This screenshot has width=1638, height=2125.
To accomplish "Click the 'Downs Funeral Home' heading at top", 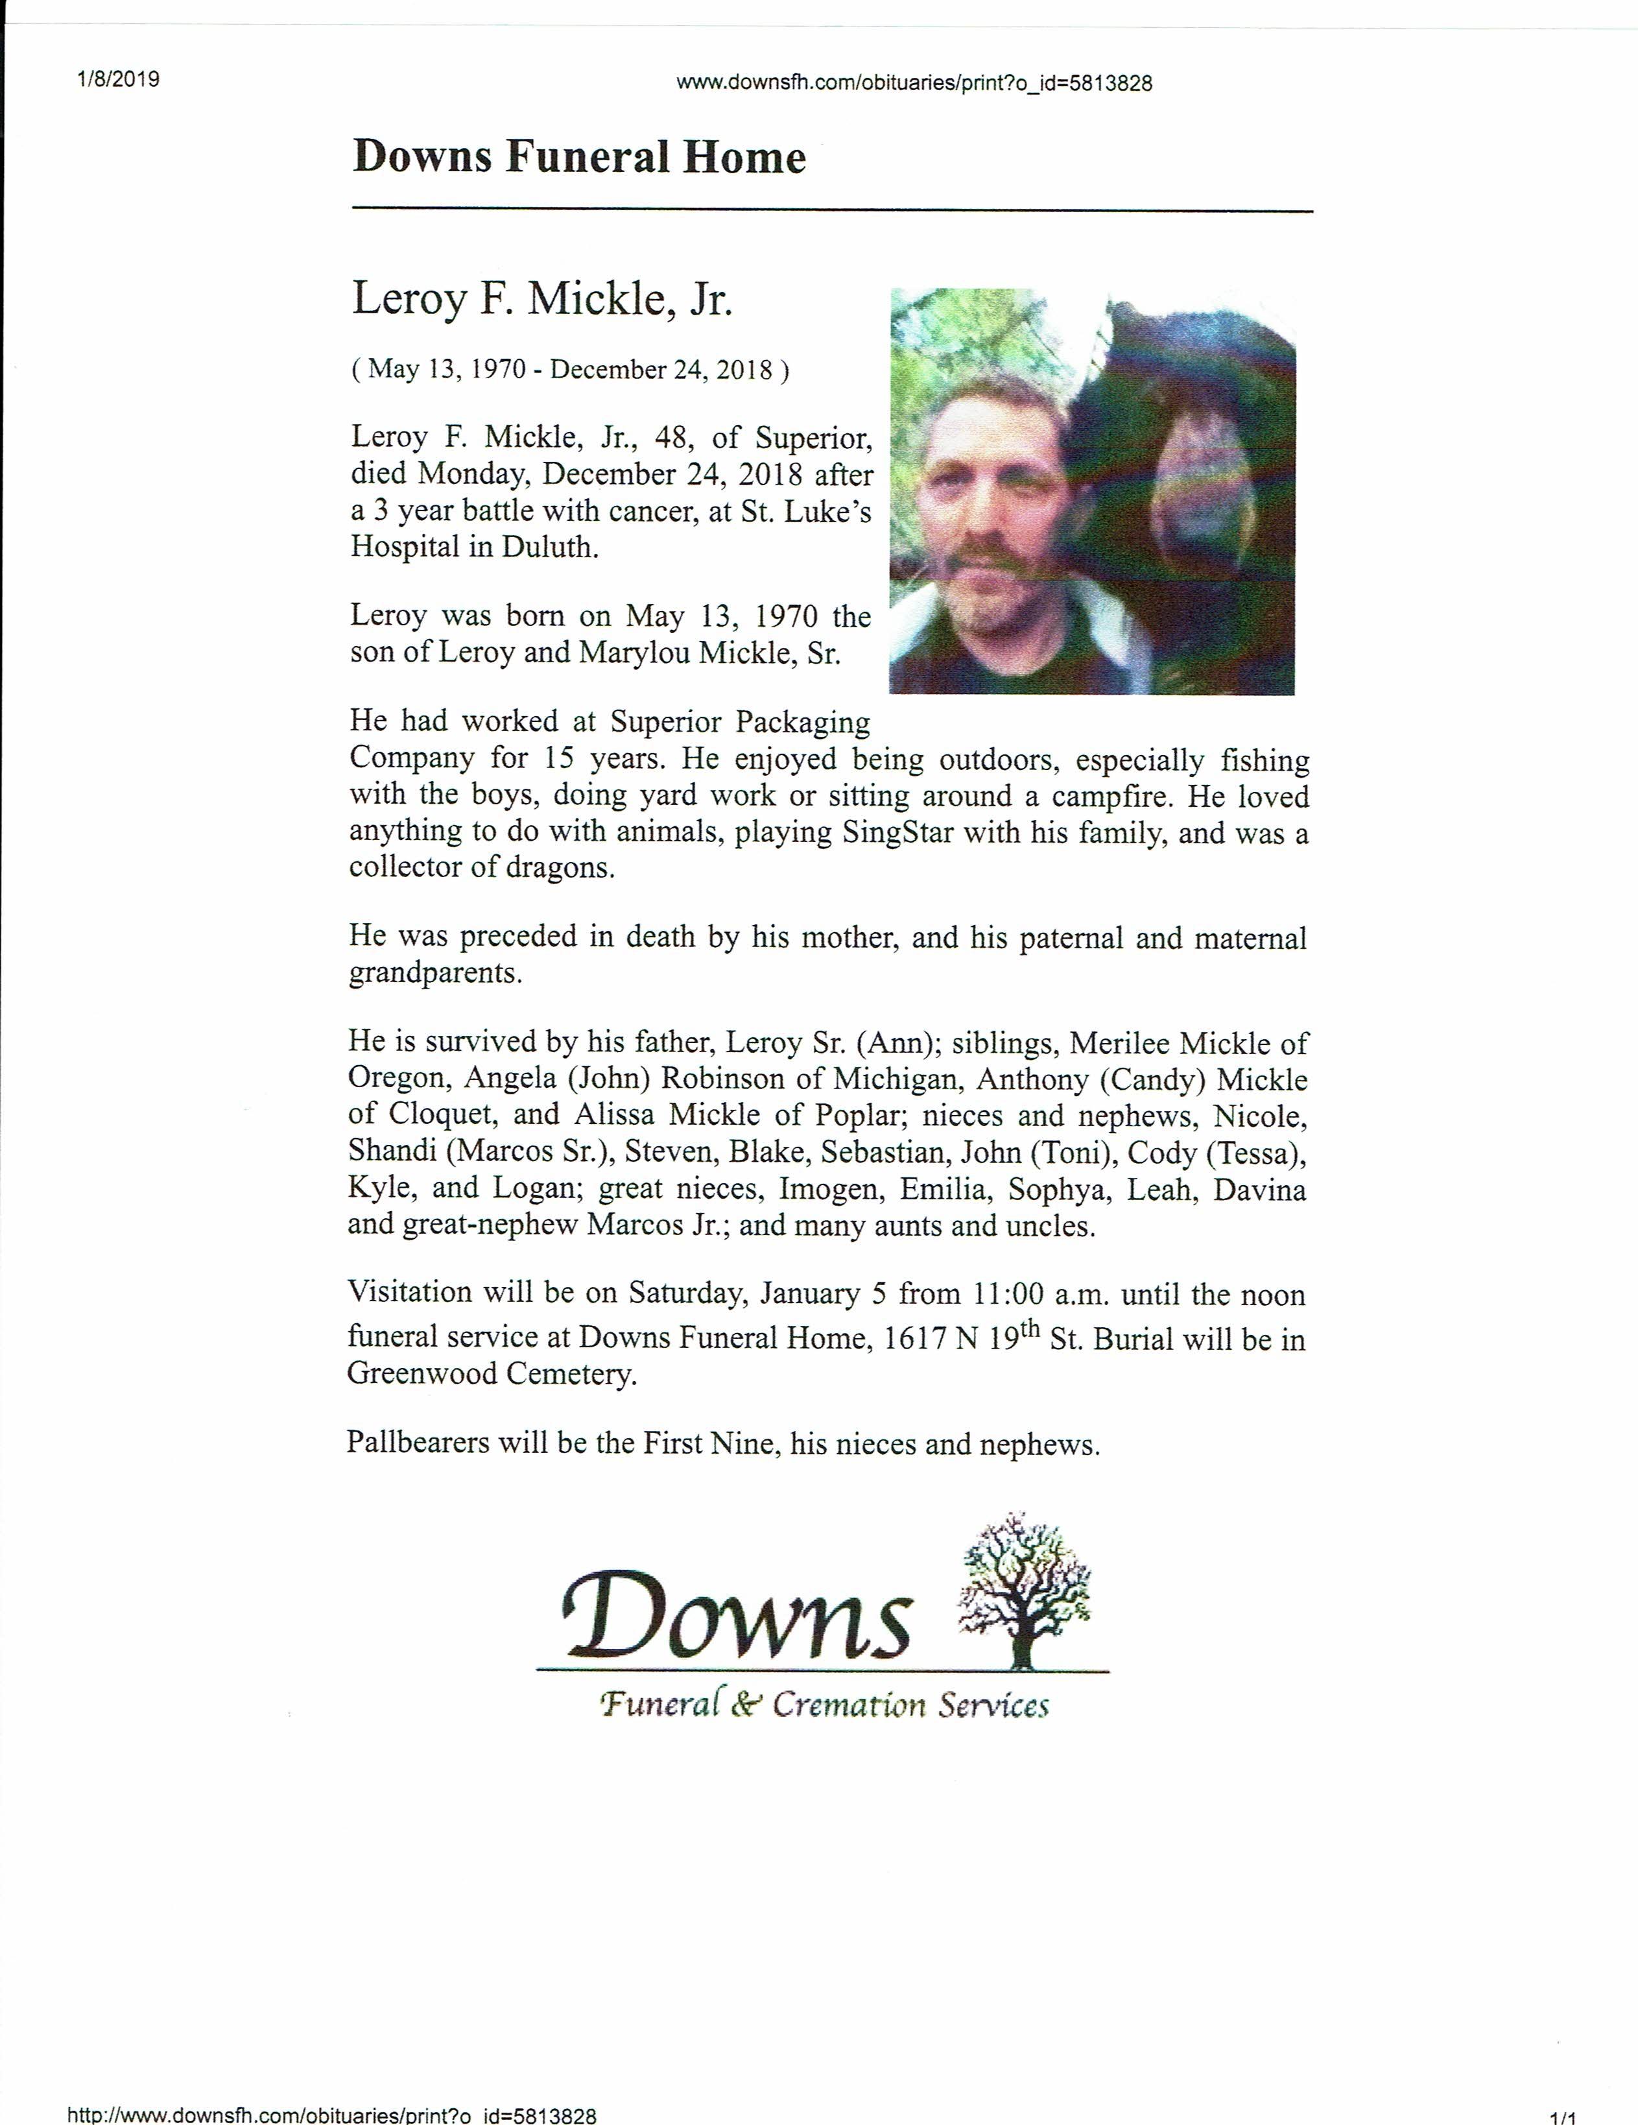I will (578, 157).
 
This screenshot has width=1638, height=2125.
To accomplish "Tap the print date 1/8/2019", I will (118, 79).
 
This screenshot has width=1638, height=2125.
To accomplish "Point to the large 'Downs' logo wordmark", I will (737, 1616).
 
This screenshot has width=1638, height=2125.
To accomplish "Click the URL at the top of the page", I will (913, 84).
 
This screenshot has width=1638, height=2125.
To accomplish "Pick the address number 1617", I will (912, 1339).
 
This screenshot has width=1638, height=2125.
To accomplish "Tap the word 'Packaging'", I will (803, 723).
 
